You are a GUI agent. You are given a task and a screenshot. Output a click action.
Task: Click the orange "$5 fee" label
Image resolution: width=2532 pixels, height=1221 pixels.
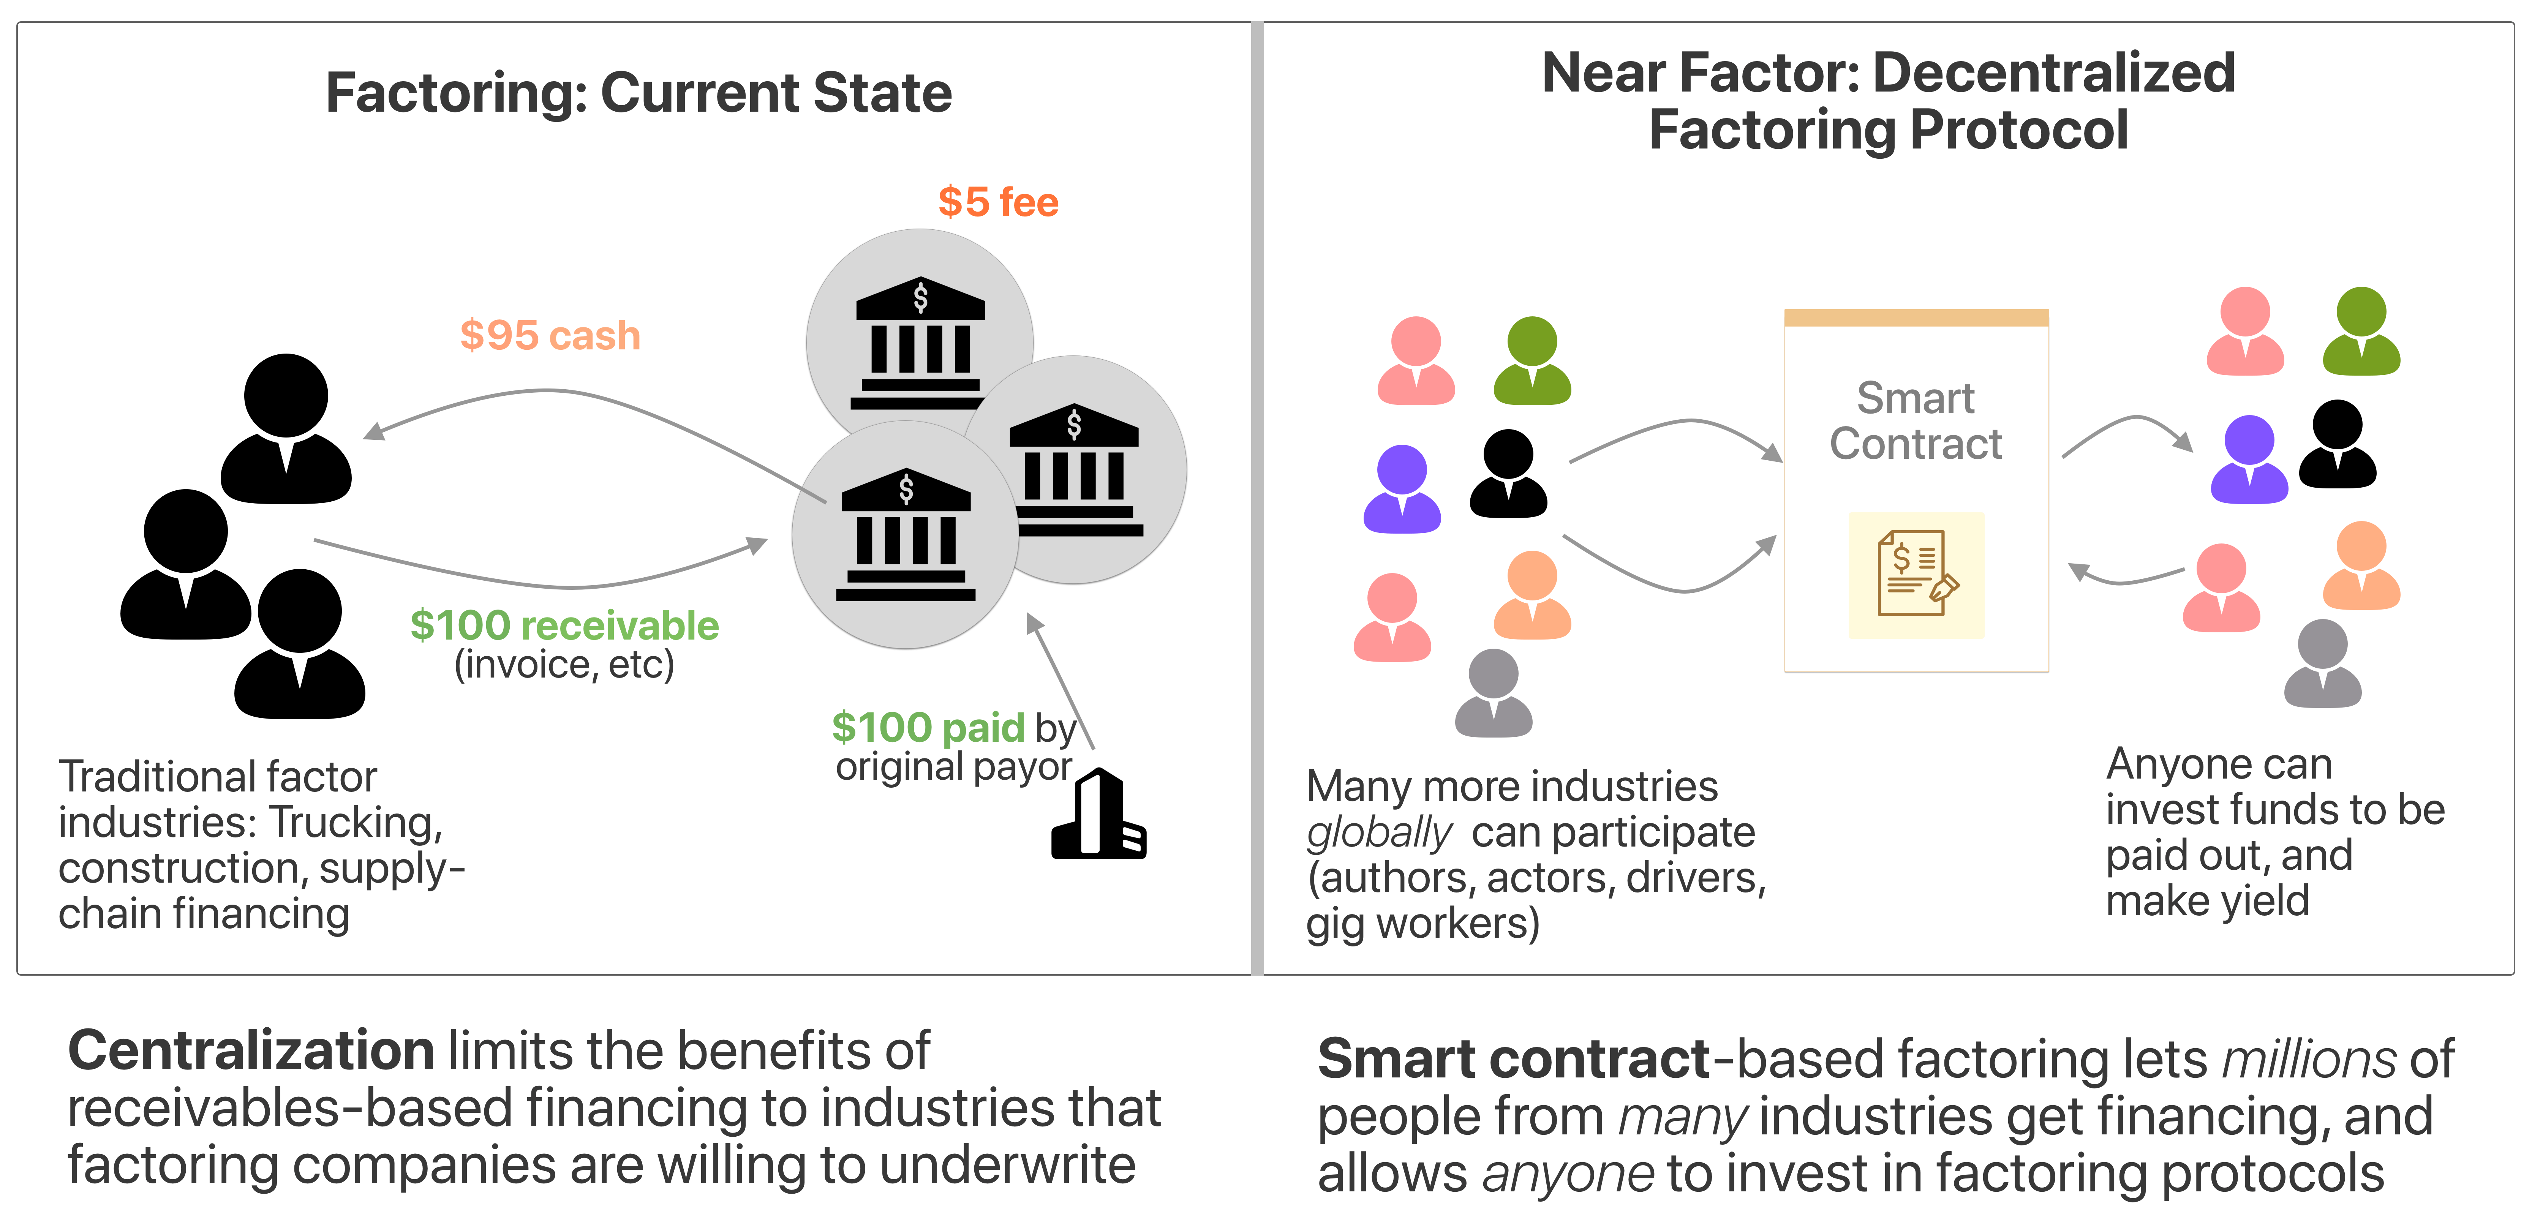click(998, 202)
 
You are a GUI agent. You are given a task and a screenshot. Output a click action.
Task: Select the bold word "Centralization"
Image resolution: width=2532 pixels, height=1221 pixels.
click(251, 1051)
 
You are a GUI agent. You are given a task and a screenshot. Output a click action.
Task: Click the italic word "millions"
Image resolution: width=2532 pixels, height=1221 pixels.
click(2310, 1060)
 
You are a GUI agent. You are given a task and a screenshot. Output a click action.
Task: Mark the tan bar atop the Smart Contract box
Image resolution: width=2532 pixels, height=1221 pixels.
click(1916, 317)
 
